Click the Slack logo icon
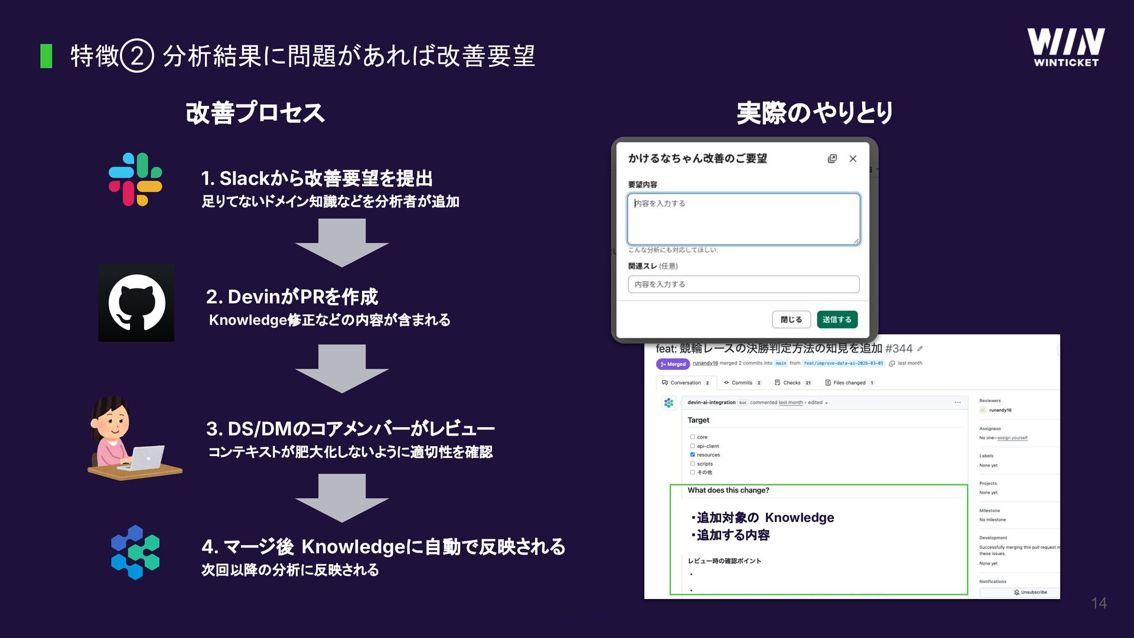(135, 180)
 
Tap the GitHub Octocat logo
(136, 302)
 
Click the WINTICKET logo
(1065, 47)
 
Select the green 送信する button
(837, 320)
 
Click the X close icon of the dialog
(853, 158)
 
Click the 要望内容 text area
(743, 219)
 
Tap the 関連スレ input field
(743, 284)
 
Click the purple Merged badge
(673, 364)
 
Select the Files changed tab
(849, 383)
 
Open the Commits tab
(742, 383)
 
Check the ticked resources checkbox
(692, 455)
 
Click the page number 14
(1099, 603)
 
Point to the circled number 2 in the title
(137, 56)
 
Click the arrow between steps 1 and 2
(341, 242)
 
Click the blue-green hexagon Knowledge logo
(135, 552)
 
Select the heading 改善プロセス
(255, 113)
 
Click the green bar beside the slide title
(46, 56)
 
